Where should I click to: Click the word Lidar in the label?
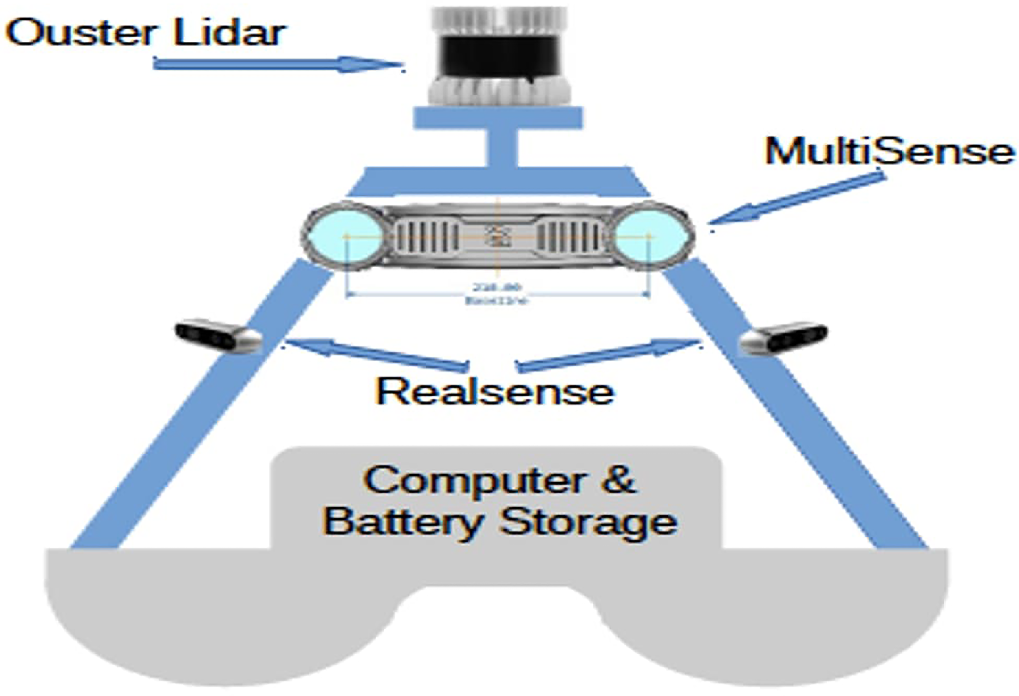[230, 33]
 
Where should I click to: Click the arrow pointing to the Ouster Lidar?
[276, 64]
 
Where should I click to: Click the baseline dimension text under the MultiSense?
[497, 294]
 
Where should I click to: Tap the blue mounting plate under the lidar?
[498, 118]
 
